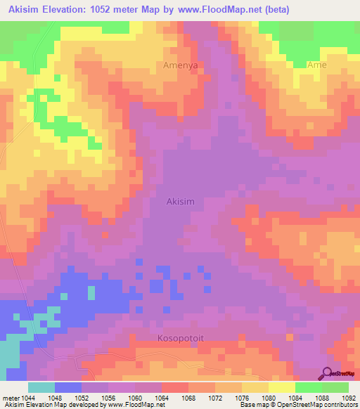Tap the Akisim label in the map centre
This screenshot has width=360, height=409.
pos(180,201)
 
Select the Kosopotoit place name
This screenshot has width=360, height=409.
pos(179,337)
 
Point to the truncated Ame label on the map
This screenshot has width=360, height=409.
pos(317,65)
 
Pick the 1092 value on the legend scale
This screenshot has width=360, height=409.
pos(349,397)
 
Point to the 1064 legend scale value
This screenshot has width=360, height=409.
pos(162,397)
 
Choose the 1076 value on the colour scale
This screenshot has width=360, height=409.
pos(242,397)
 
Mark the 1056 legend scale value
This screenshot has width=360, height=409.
pos(108,397)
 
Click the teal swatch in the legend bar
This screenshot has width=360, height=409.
pos(41,387)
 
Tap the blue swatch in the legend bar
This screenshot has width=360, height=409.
pos(68,387)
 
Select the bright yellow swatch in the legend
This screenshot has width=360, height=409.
pos(282,387)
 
